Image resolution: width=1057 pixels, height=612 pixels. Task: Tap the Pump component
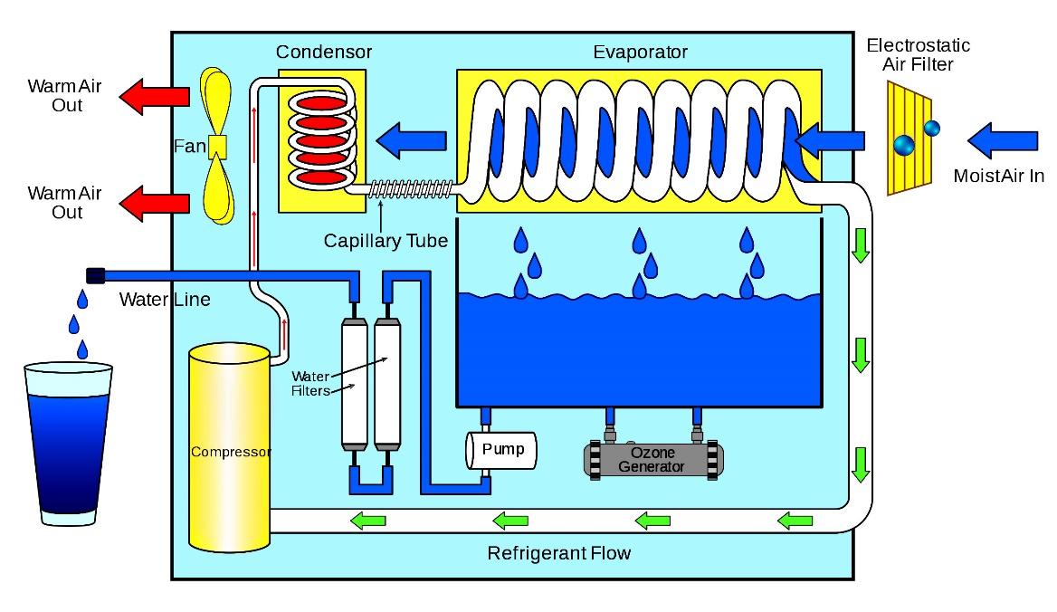coord(500,449)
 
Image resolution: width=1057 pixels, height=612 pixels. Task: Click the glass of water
coord(69,444)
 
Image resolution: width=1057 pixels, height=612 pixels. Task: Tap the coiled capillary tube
coord(411,189)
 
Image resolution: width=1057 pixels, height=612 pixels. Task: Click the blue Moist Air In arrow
coord(999,141)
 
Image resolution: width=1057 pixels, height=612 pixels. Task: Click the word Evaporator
coord(640,52)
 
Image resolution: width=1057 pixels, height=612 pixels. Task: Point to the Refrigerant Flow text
coord(558,552)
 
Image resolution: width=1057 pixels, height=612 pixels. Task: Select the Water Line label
coord(165,299)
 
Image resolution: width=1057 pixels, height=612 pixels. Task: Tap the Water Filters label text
coord(310,383)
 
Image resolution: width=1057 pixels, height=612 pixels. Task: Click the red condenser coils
coord(323,140)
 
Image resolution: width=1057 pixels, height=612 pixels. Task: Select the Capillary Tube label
coord(386,242)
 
